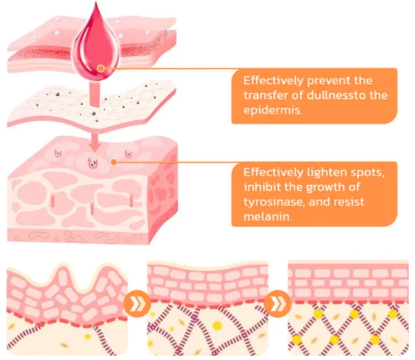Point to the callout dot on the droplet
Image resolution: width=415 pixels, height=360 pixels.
coord(101,68)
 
